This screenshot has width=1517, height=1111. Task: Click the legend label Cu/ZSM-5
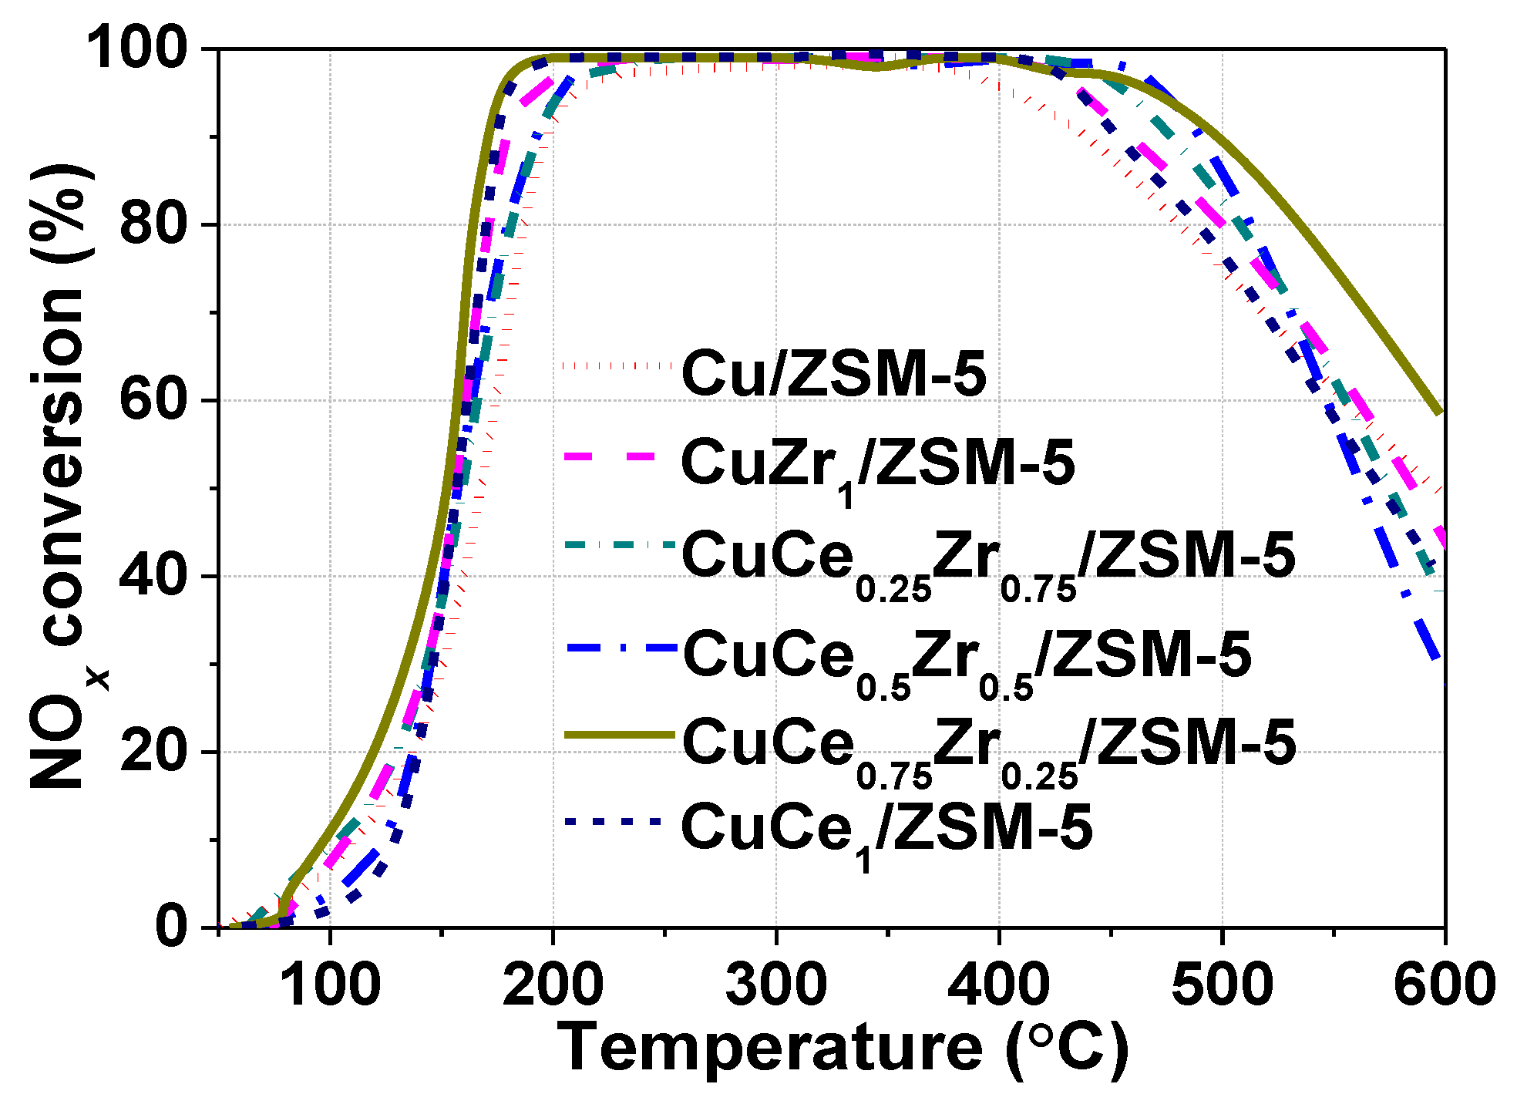[834, 374]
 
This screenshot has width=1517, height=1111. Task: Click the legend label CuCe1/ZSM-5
[886, 830]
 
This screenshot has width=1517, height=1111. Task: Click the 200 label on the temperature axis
[553, 985]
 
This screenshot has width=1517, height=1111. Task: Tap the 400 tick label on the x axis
[999, 985]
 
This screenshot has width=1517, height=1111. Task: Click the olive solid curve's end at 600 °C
[1438, 412]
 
